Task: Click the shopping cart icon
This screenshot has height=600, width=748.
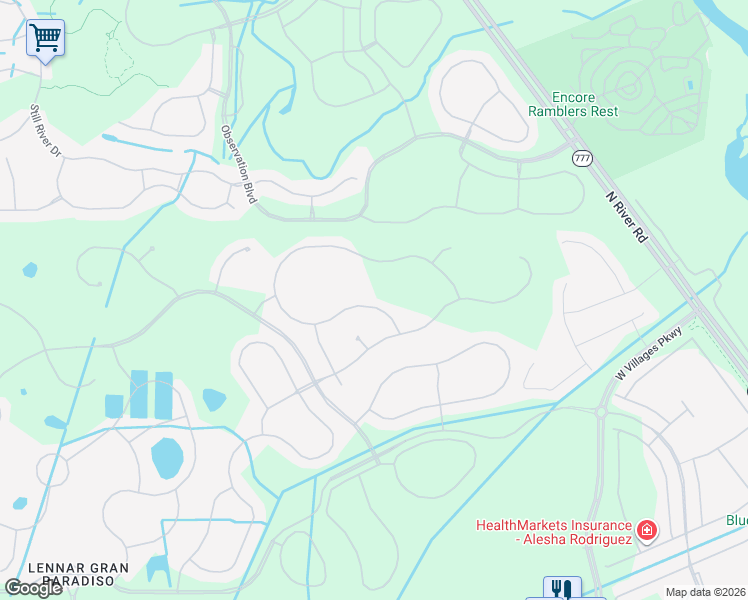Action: coord(45,38)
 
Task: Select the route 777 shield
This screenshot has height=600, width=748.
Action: coord(582,158)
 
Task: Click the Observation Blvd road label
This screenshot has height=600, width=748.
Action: coord(239,165)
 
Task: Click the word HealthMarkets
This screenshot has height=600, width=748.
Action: coord(521,525)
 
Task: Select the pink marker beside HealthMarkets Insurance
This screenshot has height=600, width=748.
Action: coord(647,529)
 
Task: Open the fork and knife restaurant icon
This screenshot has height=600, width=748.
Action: coord(562,589)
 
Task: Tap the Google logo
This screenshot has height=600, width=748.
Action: coord(33,588)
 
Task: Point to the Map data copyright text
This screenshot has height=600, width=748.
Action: coord(706,592)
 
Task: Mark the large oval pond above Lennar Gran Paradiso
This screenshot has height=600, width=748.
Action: coord(167,458)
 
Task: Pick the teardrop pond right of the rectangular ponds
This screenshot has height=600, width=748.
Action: coord(214,399)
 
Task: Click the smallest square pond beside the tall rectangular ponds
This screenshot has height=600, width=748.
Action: coord(114,406)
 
